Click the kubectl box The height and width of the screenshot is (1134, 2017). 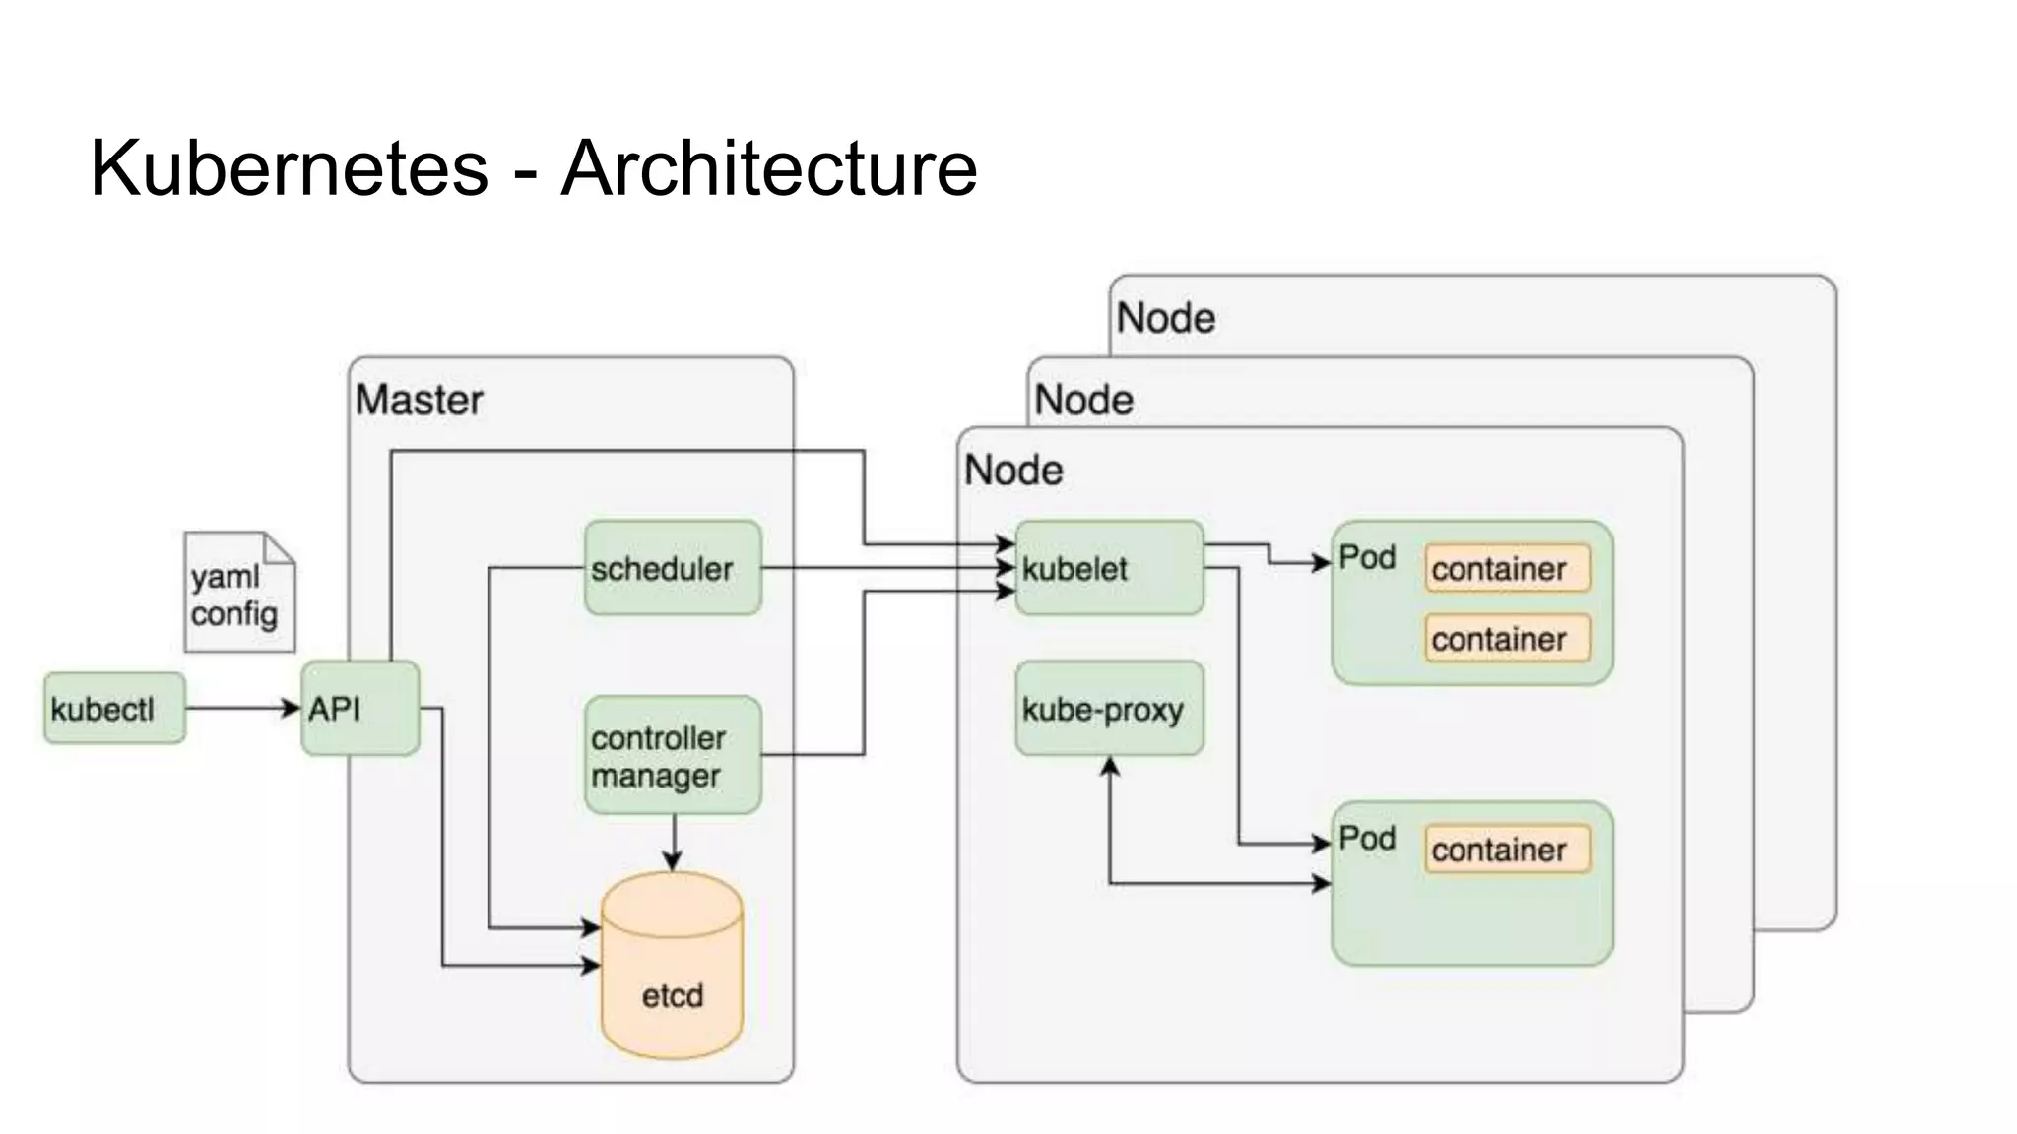tap(114, 709)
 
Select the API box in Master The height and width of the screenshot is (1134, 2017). tap(360, 709)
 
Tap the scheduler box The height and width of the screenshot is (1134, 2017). tap(673, 568)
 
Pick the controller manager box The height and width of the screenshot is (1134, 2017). tap(673, 756)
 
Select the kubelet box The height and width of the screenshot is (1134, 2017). tap(1109, 568)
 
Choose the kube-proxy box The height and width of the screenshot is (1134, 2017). tap(1109, 709)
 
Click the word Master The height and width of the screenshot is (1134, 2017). tap(419, 400)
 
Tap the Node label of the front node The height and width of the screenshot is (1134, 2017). tap(1013, 471)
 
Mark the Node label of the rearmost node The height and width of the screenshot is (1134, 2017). tap(1166, 318)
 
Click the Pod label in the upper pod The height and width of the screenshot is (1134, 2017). tap(1367, 558)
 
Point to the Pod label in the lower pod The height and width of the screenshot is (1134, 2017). tap(1367, 839)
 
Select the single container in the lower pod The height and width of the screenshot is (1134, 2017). tap(1507, 850)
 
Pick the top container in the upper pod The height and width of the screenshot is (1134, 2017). tap(1507, 569)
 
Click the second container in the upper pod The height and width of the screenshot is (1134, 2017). tap(1507, 639)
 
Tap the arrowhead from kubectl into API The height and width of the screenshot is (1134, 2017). tap(292, 708)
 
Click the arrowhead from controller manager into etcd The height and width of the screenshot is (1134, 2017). tap(673, 861)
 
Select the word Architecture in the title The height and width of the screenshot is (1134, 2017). tap(769, 167)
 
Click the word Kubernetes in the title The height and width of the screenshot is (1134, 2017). tap(290, 167)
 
